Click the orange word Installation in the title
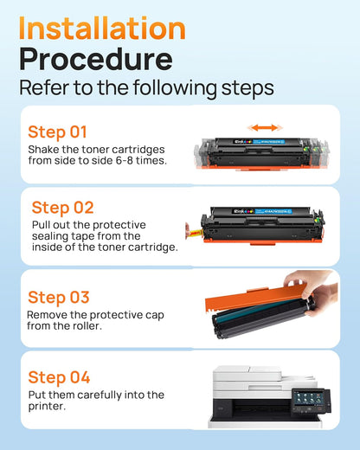point(102,29)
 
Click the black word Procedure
point(96,60)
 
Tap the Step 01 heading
point(57,132)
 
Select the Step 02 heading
point(62,208)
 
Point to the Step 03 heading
point(59,298)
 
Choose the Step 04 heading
point(59,377)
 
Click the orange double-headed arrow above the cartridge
point(265,127)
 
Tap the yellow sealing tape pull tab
point(195,232)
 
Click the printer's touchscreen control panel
point(311,402)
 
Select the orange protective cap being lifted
point(255,297)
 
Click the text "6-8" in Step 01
point(125,160)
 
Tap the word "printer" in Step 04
point(47,407)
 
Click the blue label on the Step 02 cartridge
point(273,211)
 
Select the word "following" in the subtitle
point(175,87)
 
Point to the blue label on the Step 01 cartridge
point(268,142)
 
